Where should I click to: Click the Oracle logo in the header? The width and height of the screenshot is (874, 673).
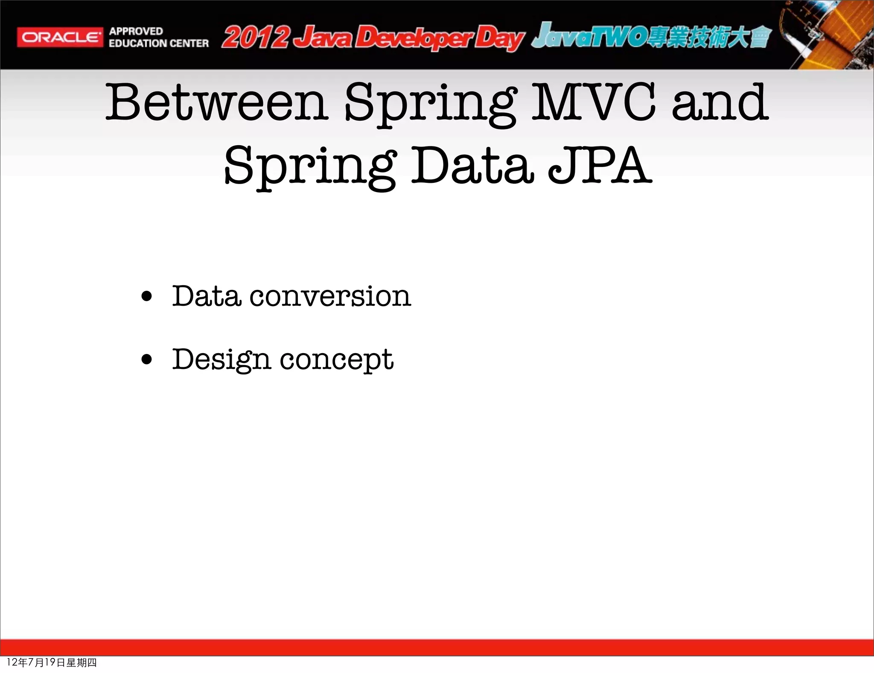tap(60, 38)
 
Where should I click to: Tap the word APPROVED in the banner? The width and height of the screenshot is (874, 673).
tap(136, 31)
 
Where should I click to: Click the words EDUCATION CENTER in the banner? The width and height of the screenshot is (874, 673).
tap(158, 43)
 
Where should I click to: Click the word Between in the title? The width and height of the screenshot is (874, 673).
tap(217, 102)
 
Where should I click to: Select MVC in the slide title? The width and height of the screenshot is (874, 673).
tap(593, 102)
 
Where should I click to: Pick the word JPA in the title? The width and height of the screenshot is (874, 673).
tap(599, 166)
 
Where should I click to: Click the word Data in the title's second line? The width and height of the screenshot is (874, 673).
tap(472, 166)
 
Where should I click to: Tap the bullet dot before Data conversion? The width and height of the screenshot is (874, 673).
tap(146, 296)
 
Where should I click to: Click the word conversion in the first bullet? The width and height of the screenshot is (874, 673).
tap(330, 296)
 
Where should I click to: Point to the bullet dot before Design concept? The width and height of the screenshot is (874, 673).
tap(146, 360)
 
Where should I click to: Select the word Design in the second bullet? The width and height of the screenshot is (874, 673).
tap(221, 360)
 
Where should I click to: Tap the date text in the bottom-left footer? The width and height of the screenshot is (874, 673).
tap(52, 662)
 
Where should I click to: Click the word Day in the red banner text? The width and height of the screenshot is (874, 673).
tap(499, 38)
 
